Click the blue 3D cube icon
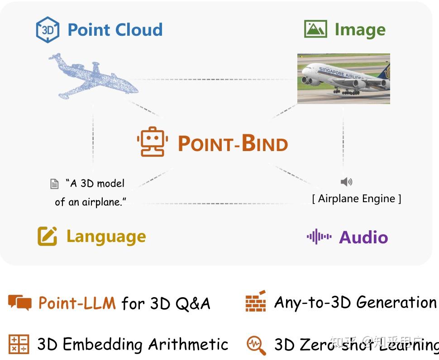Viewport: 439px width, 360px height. tap(48, 29)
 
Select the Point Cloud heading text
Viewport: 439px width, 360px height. tap(115, 30)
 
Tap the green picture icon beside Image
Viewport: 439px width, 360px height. tap(315, 29)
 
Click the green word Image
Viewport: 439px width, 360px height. tap(360, 30)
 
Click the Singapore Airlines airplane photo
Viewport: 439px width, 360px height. tap(344, 79)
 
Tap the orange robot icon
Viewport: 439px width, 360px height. tap(153, 142)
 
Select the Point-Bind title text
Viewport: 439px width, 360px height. tap(233, 144)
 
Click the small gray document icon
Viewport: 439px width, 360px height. tap(54, 184)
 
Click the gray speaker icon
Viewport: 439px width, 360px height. tap(346, 182)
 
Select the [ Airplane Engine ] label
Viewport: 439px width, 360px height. tap(357, 199)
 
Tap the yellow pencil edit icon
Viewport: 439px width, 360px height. tap(47, 236)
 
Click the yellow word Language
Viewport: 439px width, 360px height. tap(106, 236)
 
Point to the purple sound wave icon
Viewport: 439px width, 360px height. tap(319, 237)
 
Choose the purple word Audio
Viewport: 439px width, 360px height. tap(363, 237)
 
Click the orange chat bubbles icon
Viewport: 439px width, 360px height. tap(20, 302)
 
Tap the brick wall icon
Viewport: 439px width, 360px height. tap(256, 301)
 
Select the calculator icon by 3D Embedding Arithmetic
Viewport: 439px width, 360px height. tap(19, 344)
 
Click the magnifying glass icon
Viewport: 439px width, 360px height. tap(256, 345)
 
